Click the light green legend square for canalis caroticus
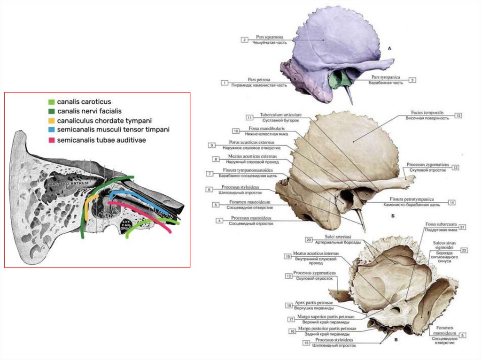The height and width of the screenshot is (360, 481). point(52,102)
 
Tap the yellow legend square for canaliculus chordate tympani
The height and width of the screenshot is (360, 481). point(52,121)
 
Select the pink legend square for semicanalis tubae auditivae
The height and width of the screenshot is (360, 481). point(52,140)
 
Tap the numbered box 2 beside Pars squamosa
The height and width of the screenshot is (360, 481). point(244,40)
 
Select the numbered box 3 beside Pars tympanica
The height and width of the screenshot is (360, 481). point(412,80)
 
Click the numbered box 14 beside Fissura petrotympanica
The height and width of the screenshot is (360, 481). point(451,202)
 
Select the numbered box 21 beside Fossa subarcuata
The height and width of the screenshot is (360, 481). point(462,227)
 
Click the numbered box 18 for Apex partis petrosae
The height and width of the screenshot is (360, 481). point(289,306)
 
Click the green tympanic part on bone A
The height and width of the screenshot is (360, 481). point(337,80)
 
